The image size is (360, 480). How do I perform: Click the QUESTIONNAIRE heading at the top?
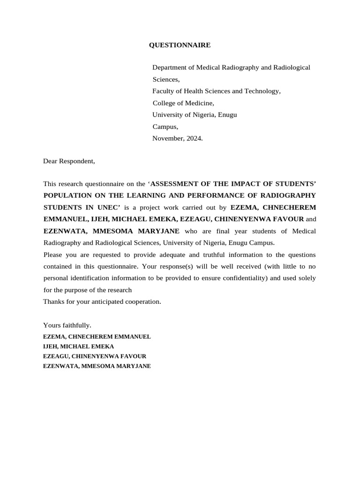coord(180,45)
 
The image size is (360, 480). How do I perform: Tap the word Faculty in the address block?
coord(163,91)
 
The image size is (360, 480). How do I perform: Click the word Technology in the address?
coord(261,91)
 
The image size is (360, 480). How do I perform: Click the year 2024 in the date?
coord(194,138)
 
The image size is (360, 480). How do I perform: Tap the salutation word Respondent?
coord(77,161)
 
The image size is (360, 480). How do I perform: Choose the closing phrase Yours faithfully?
coord(67,325)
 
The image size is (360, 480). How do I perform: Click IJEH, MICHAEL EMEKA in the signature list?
coord(78,346)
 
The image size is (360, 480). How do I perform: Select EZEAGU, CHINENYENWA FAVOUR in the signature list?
coord(95,356)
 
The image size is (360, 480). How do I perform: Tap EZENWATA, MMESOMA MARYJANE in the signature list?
coord(97,366)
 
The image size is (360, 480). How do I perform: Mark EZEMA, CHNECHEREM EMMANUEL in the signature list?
coord(97,337)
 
